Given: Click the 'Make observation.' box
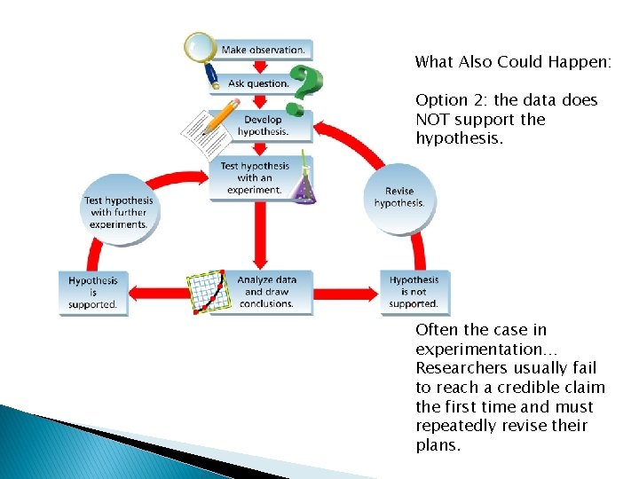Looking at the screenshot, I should [x=263, y=51].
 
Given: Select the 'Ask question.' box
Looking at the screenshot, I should [x=258, y=83].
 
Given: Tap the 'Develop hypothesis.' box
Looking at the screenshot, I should [x=263, y=126].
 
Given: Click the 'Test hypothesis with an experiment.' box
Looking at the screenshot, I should [x=255, y=177].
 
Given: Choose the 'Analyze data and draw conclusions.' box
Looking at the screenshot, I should [x=266, y=292].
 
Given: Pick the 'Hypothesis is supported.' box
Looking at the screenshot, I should [x=93, y=293].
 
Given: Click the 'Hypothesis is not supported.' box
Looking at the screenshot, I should [x=414, y=292].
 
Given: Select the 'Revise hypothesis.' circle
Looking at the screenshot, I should [x=399, y=198].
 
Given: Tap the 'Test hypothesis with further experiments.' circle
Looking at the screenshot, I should [x=119, y=213].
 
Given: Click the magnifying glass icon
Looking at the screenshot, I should [x=201, y=49].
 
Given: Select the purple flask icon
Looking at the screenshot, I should [x=304, y=185].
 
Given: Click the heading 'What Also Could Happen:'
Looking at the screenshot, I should [x=513, y=62].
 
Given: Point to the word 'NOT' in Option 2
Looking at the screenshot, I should [x=435, y=120].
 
